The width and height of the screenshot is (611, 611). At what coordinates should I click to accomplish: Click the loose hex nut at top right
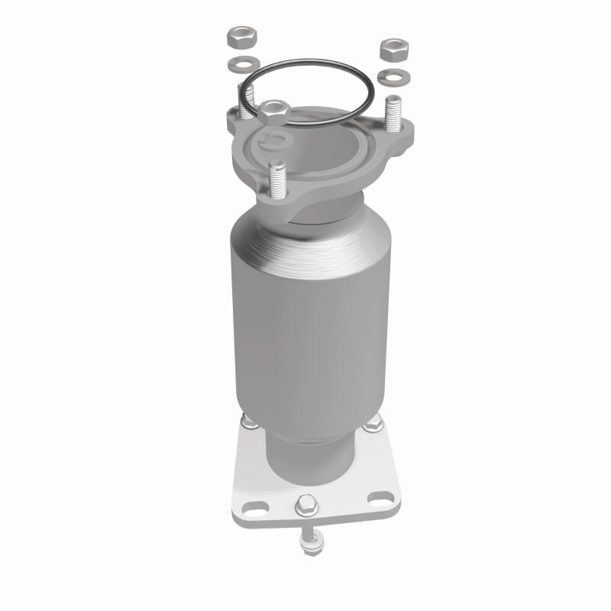[x=394, y=48]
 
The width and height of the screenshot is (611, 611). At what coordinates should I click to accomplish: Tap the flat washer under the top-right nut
[x=393, y=76]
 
